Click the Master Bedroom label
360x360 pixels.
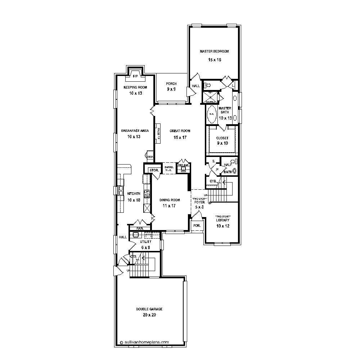[x=214, y=51]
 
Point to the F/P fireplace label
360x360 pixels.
[x=136, y=76]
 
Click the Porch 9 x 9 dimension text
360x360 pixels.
[x=171, y=89]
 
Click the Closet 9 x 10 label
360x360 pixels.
[x=222, y=138]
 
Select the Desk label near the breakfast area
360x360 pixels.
[x=150, y=157]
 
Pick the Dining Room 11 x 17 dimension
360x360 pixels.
[x=170, y=206]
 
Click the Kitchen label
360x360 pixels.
[x=134, y=194]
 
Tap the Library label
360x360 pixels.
[x=223, y=220]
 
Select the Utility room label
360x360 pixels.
[x=146, y=242]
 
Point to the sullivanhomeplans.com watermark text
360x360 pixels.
[x=146, y=342]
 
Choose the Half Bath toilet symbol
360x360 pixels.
[x=233, y=162]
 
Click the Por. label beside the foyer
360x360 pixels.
[x=197, y=225]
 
